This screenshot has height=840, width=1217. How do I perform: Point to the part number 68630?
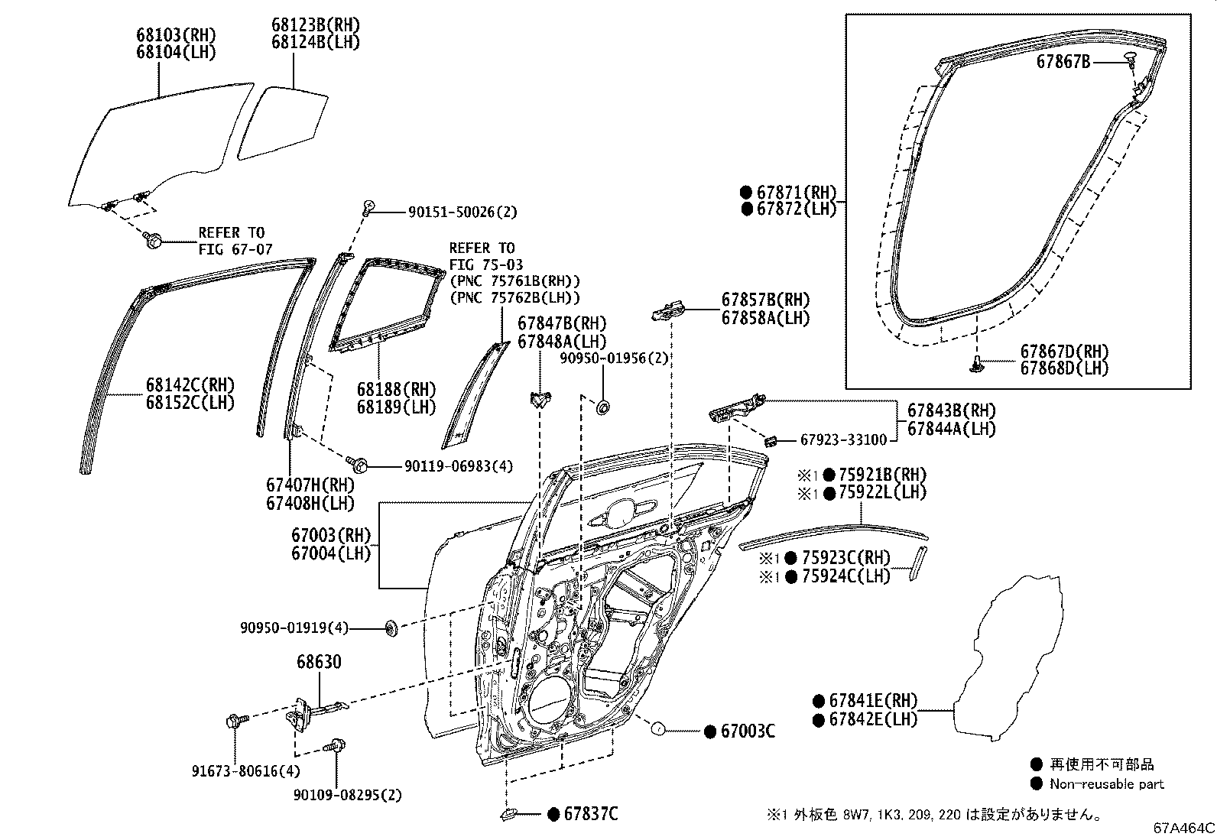[x=319, y=662]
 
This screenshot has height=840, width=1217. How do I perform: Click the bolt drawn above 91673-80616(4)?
[x=234, y=720]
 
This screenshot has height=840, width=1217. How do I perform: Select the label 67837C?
[x=591, y=814]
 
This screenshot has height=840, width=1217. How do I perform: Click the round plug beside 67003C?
[x=657, y=730]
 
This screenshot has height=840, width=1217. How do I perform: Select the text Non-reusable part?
[x=1106, y=783]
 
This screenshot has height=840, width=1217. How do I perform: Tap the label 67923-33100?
[x=843, y=440]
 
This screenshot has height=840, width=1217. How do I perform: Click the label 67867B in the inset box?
[x=1063, y=62]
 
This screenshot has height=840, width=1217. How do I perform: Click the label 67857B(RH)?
[x=765, y=300]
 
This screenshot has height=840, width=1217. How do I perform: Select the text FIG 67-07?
[x=235, y=249]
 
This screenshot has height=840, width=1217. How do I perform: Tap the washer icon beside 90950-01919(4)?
[x=391, y=628]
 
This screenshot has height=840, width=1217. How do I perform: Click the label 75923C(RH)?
[x=846, y=558]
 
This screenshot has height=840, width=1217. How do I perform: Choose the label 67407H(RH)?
[x=310, y=485]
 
